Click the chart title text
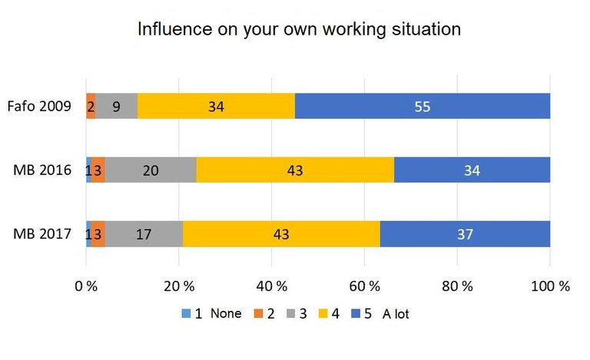[299, 29]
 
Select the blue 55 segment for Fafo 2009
[423, 107]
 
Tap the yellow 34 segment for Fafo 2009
[216, 107]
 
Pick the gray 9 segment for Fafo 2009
[116, 107]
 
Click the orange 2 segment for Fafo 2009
[91, 107]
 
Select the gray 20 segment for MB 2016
[151, 170]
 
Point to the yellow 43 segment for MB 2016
[296, 170]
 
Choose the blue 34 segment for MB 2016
[472, 170]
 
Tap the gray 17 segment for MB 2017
[144, 234]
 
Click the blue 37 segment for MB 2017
[466, 234]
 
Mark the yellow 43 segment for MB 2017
[281, 234]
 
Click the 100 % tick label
[549, 286]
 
